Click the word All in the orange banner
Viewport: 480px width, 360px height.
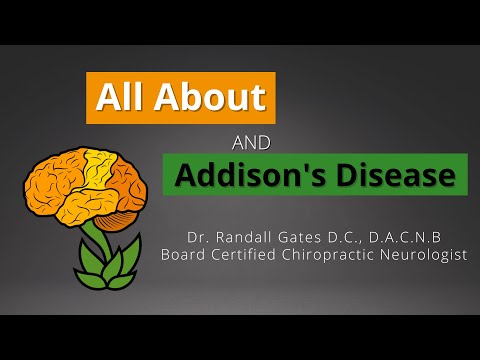point(121,98)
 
